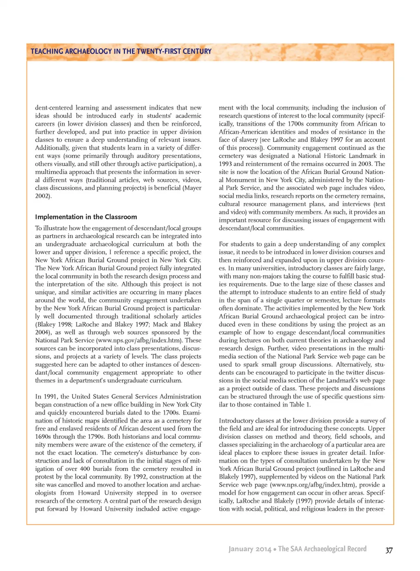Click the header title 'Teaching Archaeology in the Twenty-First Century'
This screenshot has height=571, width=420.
[x=121, y=51]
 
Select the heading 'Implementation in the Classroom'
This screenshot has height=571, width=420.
[x=86, y=217]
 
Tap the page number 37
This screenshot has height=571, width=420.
[x=388, y=550]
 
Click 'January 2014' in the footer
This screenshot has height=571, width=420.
[x=249, y=549]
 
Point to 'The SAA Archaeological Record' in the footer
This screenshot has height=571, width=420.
[x=322, y=549]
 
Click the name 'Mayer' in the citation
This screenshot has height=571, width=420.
[x=192, y=188]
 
